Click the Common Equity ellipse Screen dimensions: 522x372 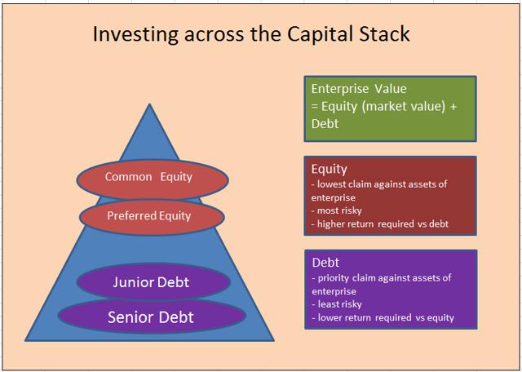pyautogui.click(x=153, y=179)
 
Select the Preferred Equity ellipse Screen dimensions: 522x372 pyautogui.click(x=152, y=217)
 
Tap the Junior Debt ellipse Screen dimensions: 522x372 pyautogui.click(x=153, y=281)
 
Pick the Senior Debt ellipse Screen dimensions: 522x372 pyautogui.click(x=152, y=316)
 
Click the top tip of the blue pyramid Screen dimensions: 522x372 pyautogui.click(x=149, y=104)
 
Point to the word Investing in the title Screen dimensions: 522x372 pyautogui.click(x=136, y=34)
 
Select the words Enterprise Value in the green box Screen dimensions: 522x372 pyautogui.click(x=359, y=89)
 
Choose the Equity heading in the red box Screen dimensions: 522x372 pyautogui.click(x=330, y=169)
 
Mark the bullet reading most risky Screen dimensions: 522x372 pyautogui.click(x=337, y=210)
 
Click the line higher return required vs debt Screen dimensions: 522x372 pyautogui.click(x=380, y=224)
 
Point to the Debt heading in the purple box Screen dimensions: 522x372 pyautogui.click(x=325, y=263)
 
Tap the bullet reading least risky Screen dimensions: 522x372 pyautogui.click(x=337, y=304)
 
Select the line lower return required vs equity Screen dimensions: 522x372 pyautogui.click(x=383, y=317)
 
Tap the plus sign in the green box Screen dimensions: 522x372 pyautogui.click(x=453, y=107)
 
